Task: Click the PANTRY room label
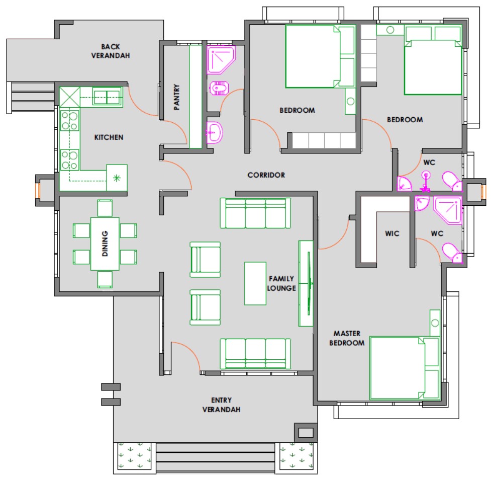(176, 97)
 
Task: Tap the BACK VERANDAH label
(111, 51)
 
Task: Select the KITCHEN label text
(109, 137)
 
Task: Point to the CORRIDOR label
(266, 175)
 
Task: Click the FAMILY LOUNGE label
(281, 283)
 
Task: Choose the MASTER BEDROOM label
(347, 338)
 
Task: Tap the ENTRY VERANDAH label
(222, 405)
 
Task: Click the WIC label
(392, 233)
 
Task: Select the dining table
(105, 244)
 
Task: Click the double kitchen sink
(107, 97)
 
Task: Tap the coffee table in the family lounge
(255, 283)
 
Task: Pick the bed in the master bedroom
(404, 368)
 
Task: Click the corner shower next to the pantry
(221, 60)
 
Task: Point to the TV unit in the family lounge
(306, 283)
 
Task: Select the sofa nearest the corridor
(255, 213)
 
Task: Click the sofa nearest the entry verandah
(255, 354)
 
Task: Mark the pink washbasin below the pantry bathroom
(215, 132)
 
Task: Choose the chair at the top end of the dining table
(105, 208)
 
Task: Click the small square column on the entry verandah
(306, 433)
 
